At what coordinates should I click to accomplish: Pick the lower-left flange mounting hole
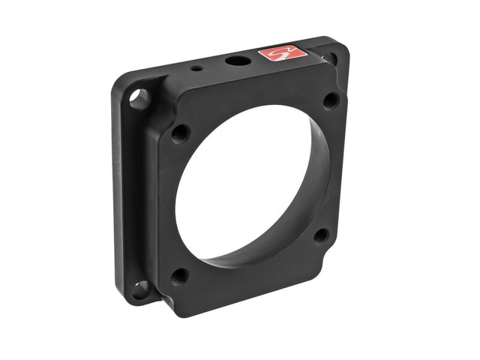click(139, 287)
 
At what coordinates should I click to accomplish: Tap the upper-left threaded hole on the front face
click(180, 133)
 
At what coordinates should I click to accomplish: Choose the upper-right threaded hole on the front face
click(330, 99)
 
